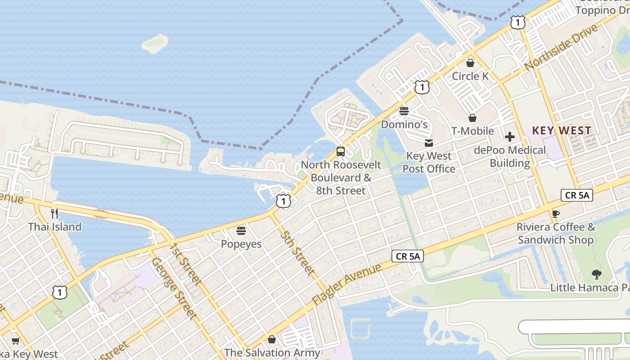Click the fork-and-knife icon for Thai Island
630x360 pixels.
(54, 213)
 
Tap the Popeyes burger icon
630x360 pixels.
(241, 231)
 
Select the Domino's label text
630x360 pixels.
(404, 124)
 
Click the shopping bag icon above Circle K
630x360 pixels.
(470, 63)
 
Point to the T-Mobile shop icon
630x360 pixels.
(472, 118)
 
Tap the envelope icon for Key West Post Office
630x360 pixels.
(429, 143)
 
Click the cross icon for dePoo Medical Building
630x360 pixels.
(509, 137)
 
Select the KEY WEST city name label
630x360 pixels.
(562, 131)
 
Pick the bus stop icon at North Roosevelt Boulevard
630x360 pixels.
(341, 152)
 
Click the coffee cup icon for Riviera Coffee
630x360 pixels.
(555, 214)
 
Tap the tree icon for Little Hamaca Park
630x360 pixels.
(596, 274)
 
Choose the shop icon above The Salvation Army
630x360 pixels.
(272, 339)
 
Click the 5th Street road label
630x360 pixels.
(297, 253)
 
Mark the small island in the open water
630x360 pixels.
(155, 43)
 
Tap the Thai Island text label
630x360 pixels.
(55, 227)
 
